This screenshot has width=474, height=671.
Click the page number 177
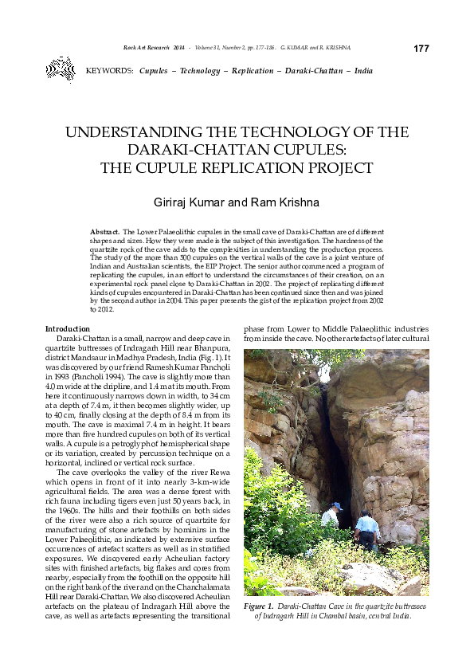coord(421,49)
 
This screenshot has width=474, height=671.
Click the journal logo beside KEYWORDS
coord(60,69)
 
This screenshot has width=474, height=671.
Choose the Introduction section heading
coord(69,329)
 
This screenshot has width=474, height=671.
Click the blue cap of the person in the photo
coord(338,505)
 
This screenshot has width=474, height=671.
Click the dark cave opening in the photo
coord(333,446)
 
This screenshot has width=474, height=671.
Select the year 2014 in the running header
coord(178,49)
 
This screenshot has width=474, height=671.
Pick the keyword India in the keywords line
coord(363,72)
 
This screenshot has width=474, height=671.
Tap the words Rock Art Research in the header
coord(147,49)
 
